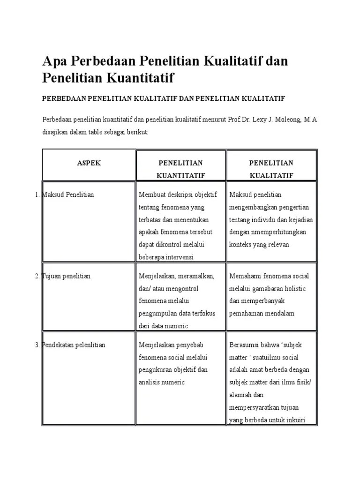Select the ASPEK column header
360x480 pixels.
click(89, 163)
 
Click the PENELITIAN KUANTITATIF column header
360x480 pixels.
click(180, 169)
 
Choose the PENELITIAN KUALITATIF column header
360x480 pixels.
click(271, 169)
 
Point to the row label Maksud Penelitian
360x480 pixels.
click(68, 195)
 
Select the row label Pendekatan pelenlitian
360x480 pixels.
click(74, 345)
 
